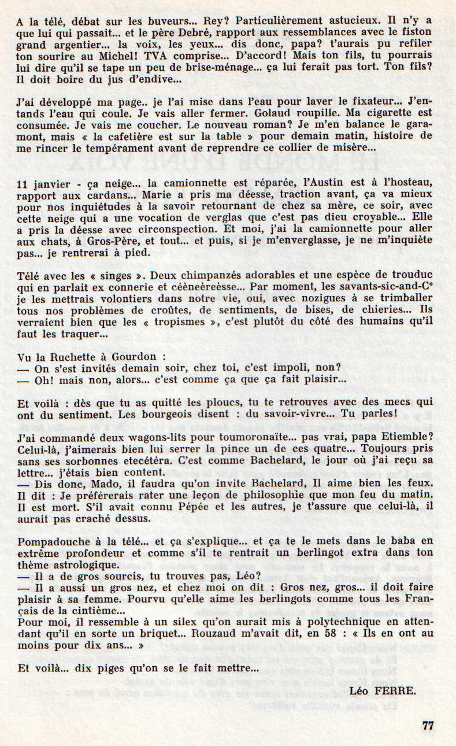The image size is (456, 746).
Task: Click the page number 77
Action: click(x=428, y=726)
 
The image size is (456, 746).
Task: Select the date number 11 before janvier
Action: click(x=23, y=184)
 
